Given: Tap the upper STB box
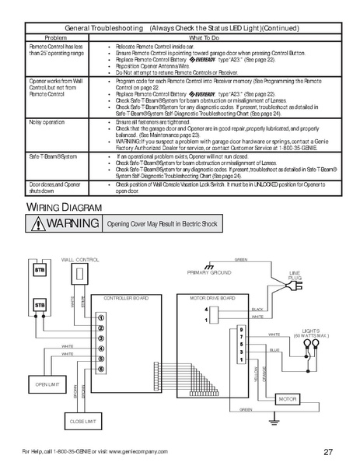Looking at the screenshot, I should point(39,269).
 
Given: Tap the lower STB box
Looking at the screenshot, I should point(39,307).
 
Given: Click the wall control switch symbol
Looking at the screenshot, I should point(79,274).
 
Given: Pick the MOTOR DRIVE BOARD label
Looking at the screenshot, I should point(207,298).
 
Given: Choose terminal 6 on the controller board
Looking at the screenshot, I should point(100,369).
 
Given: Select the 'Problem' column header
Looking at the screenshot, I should point(56,37).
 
